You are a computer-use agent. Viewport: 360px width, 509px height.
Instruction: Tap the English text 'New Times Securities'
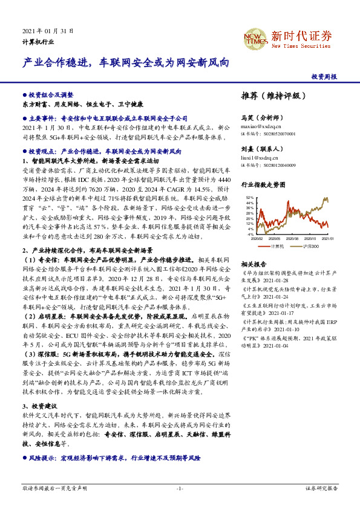[x=301, y=46]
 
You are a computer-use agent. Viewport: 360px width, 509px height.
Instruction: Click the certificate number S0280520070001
[x=278, y=134]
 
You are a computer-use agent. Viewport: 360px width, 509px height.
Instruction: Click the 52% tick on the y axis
[x=250, y=198]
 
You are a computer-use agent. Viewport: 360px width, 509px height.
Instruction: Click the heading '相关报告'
[x=254, y=265]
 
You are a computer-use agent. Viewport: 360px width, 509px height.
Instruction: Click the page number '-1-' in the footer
[x=180, y=488]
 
